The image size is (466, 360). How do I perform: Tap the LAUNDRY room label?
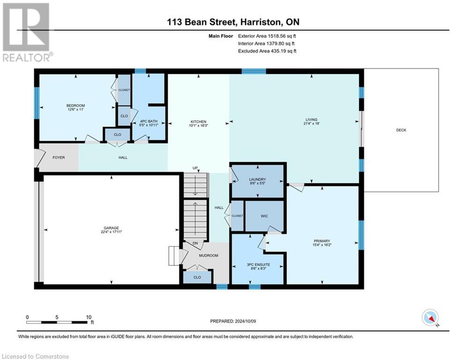257,179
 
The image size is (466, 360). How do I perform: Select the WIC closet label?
264,216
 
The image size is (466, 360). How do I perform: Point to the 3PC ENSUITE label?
259,265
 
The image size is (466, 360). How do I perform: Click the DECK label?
401,130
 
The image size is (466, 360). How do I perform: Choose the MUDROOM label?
208,255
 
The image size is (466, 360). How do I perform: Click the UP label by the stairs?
195,168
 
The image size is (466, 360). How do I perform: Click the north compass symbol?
430,318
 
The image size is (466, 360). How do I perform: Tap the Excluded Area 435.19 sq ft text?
267,51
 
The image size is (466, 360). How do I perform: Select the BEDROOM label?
75,105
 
